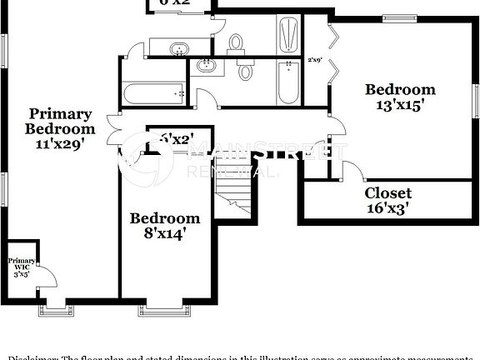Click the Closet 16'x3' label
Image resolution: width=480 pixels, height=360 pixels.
[x=387, y=201]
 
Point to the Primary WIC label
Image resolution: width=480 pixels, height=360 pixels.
[x=21, y=267]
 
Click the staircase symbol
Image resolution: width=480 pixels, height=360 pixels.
[x=234, y=201]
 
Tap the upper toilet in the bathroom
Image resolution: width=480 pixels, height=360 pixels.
[x=236, y=42]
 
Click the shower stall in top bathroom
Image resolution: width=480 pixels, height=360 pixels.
[x=287, y=35]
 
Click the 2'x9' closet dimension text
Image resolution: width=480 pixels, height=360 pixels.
[x=315, y=59]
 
